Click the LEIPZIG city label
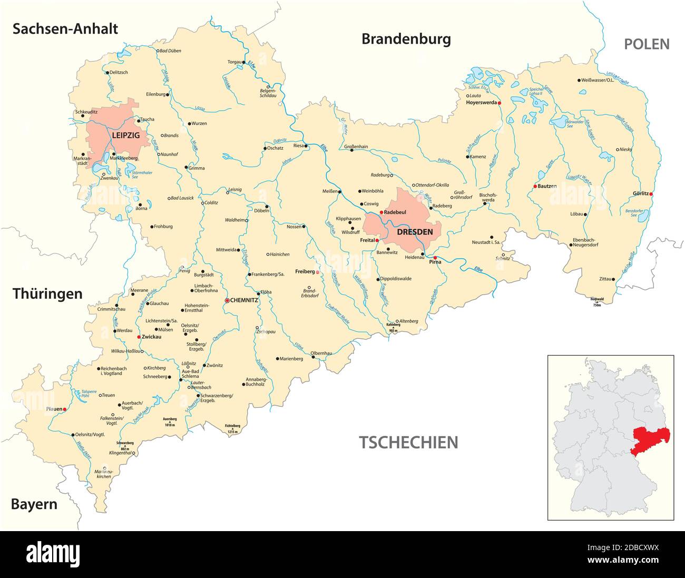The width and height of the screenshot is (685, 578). (x=125, y=135)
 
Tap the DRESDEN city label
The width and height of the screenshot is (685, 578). (x=415, y=231)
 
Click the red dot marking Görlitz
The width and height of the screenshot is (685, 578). (x=651, y=194)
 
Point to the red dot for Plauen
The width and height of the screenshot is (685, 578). (x=64, y=409)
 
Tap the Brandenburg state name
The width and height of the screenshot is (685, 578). (x=406, y=39)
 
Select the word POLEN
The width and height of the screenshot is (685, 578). (x=647, y=44)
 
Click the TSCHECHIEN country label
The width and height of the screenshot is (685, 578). (x=408, y=442)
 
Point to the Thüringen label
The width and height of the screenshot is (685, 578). (x=47, y=293)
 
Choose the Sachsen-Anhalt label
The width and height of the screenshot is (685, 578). (x=65, y=28)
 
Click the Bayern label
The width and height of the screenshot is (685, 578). (x=34, y=504)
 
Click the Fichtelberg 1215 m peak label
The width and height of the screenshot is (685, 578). (x=232, y=428)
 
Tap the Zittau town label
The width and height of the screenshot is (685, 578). (x=605, y=279)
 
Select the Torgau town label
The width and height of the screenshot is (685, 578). (x=234, y=62)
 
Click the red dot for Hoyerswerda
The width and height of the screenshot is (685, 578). (x=499, y=103)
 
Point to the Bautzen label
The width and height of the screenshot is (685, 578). (x=548, y=187)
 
